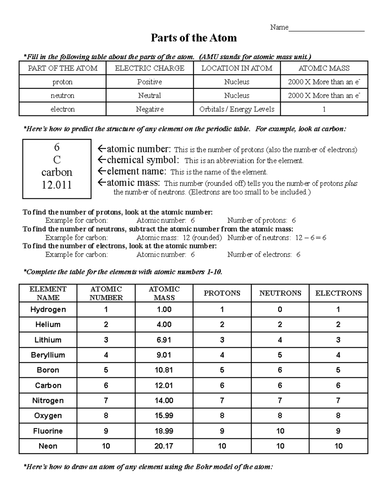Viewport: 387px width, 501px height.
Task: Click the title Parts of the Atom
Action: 194,38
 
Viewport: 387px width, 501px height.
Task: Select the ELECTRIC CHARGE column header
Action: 150,68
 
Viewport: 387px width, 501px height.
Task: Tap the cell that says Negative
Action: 150,109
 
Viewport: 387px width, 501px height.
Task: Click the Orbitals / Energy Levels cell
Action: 237,109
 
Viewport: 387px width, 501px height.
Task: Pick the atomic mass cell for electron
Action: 324,109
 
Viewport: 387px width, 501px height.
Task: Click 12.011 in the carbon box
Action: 57,185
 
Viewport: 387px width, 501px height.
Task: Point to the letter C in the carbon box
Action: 57,160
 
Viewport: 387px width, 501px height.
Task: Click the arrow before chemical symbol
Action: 102,160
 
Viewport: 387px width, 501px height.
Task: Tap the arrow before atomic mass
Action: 102,183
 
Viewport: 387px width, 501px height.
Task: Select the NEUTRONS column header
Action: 280,293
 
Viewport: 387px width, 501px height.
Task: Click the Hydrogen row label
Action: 48,310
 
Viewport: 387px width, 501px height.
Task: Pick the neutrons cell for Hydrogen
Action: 280,310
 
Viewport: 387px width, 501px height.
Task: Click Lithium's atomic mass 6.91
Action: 164,340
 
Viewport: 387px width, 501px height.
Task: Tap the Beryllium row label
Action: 48,355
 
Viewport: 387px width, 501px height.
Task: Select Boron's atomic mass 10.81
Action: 164,370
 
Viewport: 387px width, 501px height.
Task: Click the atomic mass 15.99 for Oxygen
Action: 164,416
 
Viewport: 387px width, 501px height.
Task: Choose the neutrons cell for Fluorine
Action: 280,431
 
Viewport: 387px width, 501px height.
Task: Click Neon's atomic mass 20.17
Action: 164,446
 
